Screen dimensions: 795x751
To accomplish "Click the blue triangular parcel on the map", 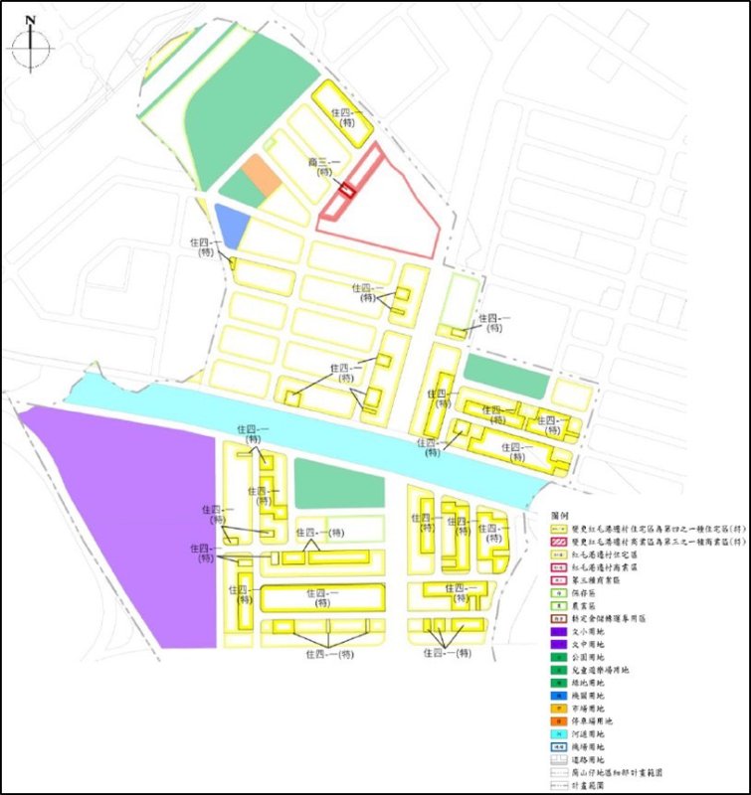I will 228,224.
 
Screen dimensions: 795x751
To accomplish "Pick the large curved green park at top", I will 249,99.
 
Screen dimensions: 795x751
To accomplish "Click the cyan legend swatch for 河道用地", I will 564,730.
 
